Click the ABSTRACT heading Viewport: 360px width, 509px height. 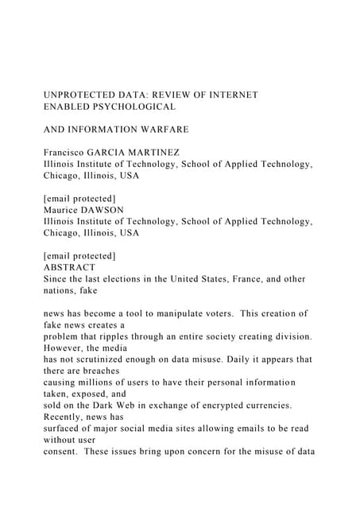pyautogui.click(x=70, y=268)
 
